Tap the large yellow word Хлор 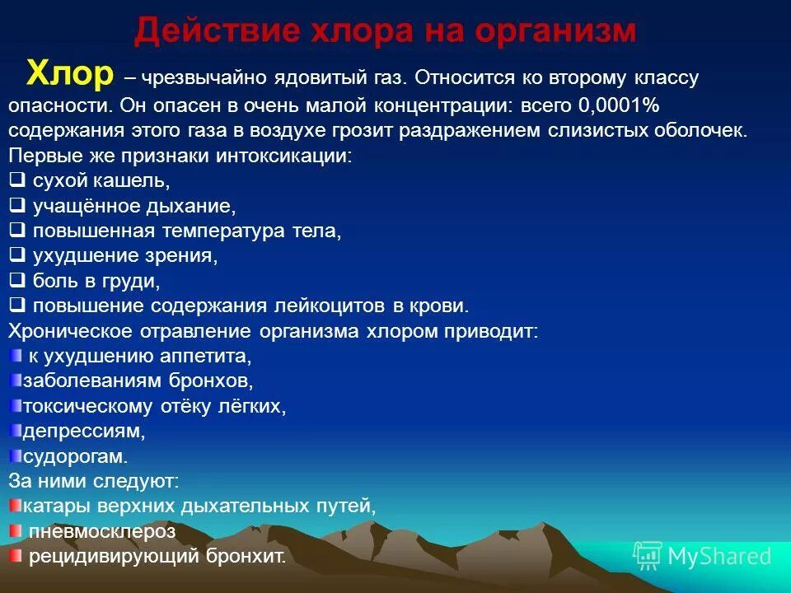69,75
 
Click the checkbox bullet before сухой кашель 16,180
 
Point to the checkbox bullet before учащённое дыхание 16,205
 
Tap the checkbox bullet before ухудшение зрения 16,255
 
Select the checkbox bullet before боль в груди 16,281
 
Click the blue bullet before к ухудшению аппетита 16,356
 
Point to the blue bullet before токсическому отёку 16,406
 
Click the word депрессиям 84,431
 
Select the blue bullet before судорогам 16,455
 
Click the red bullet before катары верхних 16,505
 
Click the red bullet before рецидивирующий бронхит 16,556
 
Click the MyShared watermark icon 648,555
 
